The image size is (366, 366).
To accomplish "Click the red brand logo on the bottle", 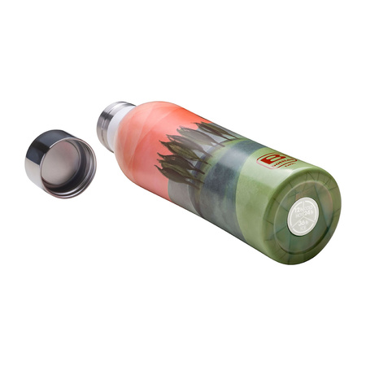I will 272,159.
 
